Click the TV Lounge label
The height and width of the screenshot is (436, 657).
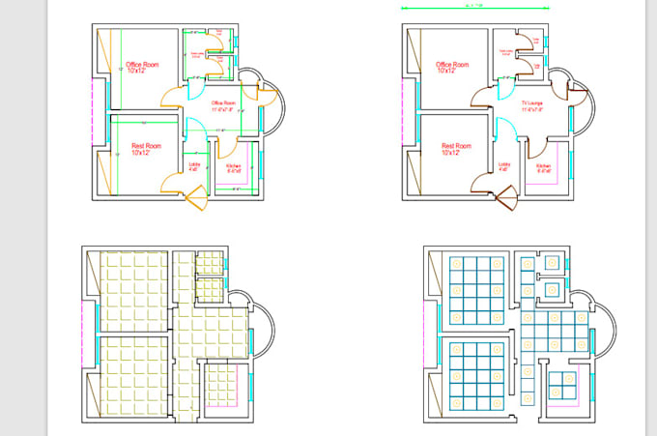pyautogui.click(x=532, y=103)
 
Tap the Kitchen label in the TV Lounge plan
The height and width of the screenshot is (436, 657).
pyautogui.click(x=543, y=167)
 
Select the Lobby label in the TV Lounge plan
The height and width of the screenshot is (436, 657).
pyautogui.click(x=503, y=166)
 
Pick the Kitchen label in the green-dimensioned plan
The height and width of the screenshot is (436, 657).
pyautogui.click(x=233, y=167)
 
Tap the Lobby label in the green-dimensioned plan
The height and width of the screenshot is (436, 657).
pyautogui.click(x=194, y=166)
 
